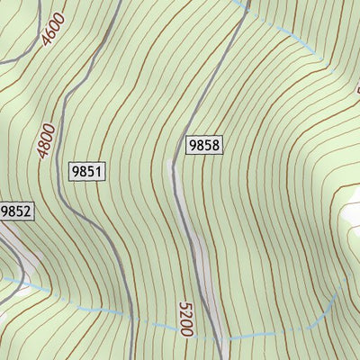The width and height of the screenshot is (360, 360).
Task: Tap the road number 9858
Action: [204, 144]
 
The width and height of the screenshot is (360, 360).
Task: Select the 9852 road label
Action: [15, 212]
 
